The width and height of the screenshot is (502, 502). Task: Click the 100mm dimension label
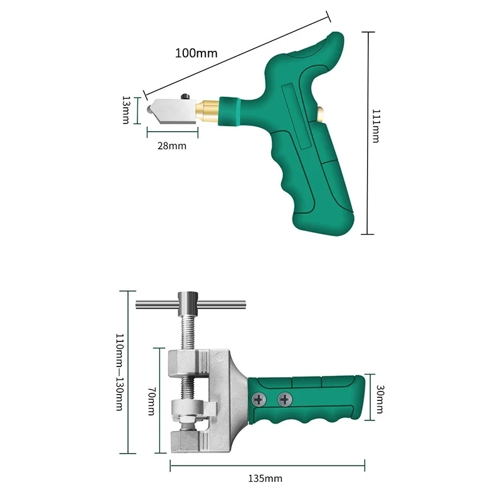pos(196,53)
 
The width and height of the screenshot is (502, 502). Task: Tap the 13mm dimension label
pos(126,110)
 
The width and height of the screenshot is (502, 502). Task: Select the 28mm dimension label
pos(172,146)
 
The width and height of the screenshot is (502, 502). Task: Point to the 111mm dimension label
pos(376,126)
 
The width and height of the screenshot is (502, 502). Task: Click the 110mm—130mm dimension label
pos(119,372)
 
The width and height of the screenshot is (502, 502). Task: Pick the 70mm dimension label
pos(151,401)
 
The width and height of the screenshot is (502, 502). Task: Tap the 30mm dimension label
pos(380,399)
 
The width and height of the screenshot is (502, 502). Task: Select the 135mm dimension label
pos(265,479)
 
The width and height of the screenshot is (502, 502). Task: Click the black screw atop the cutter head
pos(185,97)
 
